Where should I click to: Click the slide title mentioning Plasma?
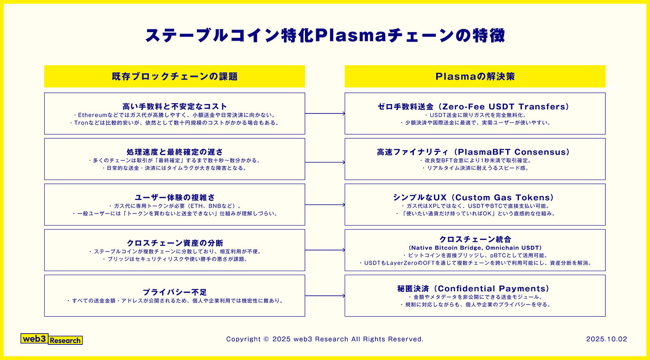coord(325,36)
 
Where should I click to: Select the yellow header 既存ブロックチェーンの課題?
coord(175,76)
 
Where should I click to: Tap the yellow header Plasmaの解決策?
coord(475,76)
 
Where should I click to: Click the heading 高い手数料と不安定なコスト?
coord(175,106)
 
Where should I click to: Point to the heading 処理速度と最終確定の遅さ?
coord(175,152)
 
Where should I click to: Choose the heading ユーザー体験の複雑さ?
coord(175,197)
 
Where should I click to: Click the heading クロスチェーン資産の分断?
coord(175,243)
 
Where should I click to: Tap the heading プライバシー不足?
coord(175,292)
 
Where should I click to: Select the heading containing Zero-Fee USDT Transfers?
coord(475,106)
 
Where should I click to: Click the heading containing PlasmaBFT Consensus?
coord(475,152)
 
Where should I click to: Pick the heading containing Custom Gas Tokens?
coord(475,197)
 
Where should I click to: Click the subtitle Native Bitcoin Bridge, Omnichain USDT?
coord(475,247)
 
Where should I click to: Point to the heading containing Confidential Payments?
coord(475,289)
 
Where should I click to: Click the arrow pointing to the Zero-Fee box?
coord(325,113)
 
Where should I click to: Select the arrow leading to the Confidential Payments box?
coord(325,296)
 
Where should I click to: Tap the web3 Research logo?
coord(52,339)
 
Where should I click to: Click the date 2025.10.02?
coord(606,339)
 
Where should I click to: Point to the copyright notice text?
coord(325,339)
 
